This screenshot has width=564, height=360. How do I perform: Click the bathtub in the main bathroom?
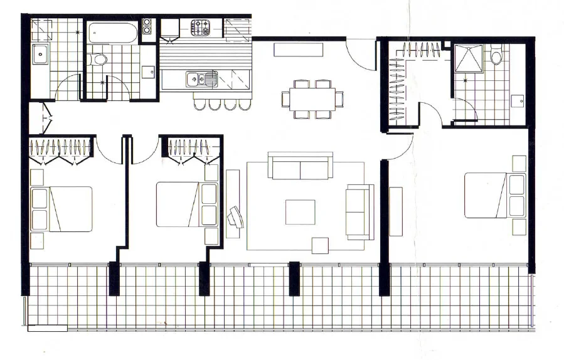point(112,33)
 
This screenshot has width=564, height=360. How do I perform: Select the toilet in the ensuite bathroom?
point(496,58)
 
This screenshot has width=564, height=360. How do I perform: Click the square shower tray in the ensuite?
point(467,58)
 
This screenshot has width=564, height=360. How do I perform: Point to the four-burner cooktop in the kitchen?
point(201,28)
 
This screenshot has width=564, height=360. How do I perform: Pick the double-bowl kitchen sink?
point(201,79)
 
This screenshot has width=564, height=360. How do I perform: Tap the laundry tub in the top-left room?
point(41,55)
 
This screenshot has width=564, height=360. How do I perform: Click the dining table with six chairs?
point(312,99)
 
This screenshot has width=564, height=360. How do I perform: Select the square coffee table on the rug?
point(300,211)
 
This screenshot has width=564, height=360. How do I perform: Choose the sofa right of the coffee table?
point(359,211)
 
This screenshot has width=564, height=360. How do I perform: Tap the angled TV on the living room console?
point(237,216)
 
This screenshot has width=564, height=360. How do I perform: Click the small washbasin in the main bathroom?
point(148,71)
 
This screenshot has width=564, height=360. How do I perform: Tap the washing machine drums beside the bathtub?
point(147,26)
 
